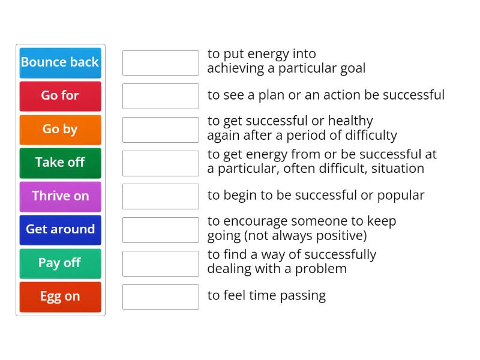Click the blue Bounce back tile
tap(60, 62)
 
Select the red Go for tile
tap(60, 96)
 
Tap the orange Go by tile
tap(60, 130)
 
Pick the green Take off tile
tap(60, 163)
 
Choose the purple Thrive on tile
tap(60, 196)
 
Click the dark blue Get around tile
tap(60, 230)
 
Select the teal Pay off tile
tap(60, 263)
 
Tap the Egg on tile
tap(60, 296)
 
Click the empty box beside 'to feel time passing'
tap(160, 296)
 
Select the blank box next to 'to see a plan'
tap(160, 96)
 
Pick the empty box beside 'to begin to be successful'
tap(160, 196)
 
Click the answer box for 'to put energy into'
tap(160, 62)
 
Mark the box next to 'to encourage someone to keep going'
tap(160, 230)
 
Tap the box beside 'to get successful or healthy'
tap(160, 130)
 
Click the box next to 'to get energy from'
tap(160, 163)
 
